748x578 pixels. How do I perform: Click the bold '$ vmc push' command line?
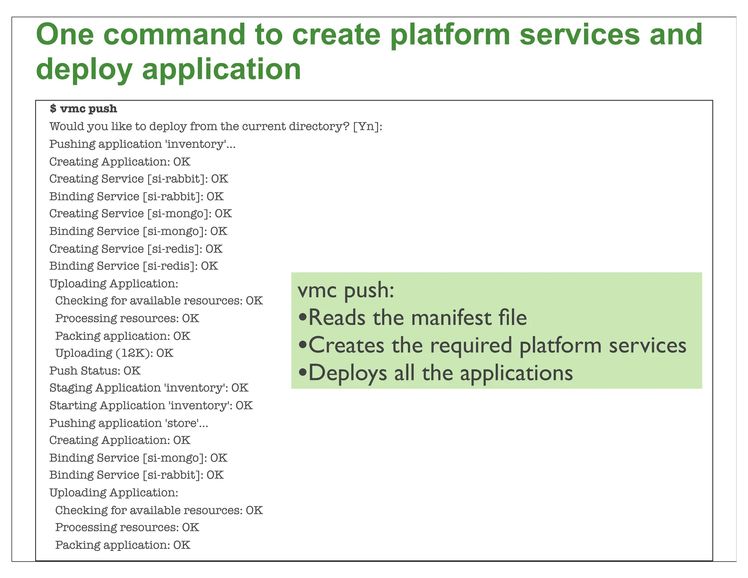[84, 109]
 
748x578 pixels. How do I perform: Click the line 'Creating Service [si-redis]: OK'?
[136, 249]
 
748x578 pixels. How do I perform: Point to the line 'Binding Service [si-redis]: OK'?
[134, 266]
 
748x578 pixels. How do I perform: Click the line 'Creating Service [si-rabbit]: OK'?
[139, 179]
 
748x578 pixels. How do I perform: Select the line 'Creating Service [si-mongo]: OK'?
[141, 214]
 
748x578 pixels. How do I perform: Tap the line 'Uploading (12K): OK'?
[114, 353]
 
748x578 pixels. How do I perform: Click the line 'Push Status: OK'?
[95, 371]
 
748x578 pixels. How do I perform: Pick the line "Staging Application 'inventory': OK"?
[149, 388]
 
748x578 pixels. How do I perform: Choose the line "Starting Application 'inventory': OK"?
[151, 406]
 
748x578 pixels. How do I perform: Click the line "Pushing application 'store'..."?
[129, 423]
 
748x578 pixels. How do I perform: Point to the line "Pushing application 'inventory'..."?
[142, 144]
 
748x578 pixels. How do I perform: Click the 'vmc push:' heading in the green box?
[346, 290]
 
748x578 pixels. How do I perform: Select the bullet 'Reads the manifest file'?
[413, 317]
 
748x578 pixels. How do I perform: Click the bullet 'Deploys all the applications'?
[435, 373]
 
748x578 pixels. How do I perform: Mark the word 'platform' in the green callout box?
[560, 346]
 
